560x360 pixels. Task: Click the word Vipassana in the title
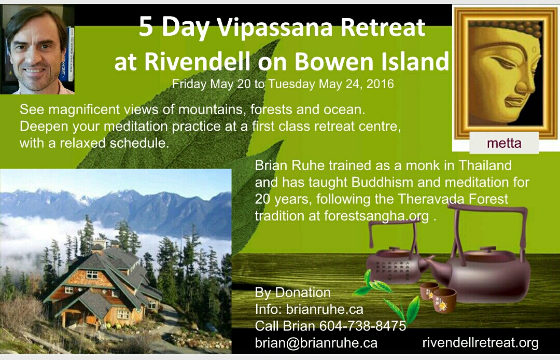point(275,27)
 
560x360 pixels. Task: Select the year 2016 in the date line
point(380,84)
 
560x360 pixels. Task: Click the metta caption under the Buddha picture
point(504,143)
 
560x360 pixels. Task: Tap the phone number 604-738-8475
point(362,326)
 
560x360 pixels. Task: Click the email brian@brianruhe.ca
point(316,342)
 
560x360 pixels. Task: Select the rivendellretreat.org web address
point(480,342)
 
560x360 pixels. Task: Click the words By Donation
point(293,293)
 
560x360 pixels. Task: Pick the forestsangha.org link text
point(376,216)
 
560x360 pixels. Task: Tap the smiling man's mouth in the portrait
point(35,71)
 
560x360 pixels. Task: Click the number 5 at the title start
point(146,27)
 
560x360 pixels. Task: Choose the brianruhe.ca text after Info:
point(325,309)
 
